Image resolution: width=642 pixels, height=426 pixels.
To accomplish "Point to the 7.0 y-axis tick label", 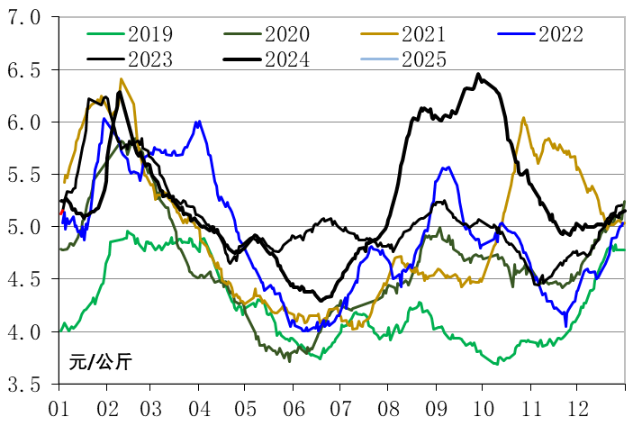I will pyautogui.click(x=28, y=18).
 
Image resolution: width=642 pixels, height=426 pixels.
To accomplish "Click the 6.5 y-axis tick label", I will pyautogui.click(x=28, y=70).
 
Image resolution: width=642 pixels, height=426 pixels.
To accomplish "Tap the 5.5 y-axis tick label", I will pyautogui.click(x=28, y=175).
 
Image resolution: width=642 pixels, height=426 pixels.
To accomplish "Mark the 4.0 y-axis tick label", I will pyautogui.click(x=28, y=332).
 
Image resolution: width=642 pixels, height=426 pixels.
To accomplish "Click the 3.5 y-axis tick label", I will pyautogui.click(x=28, y=385).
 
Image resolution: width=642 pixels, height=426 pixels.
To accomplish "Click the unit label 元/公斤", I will pyautogui.click(x=100, y=363).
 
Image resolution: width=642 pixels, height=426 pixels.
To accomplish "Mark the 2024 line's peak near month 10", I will pyautogui.click(x=478, y=74).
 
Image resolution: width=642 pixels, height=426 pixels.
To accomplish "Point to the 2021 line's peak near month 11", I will pyautogui.click(x=524, y=117).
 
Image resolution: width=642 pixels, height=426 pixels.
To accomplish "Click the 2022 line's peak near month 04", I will pyautogui.click(x=198, y=122).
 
